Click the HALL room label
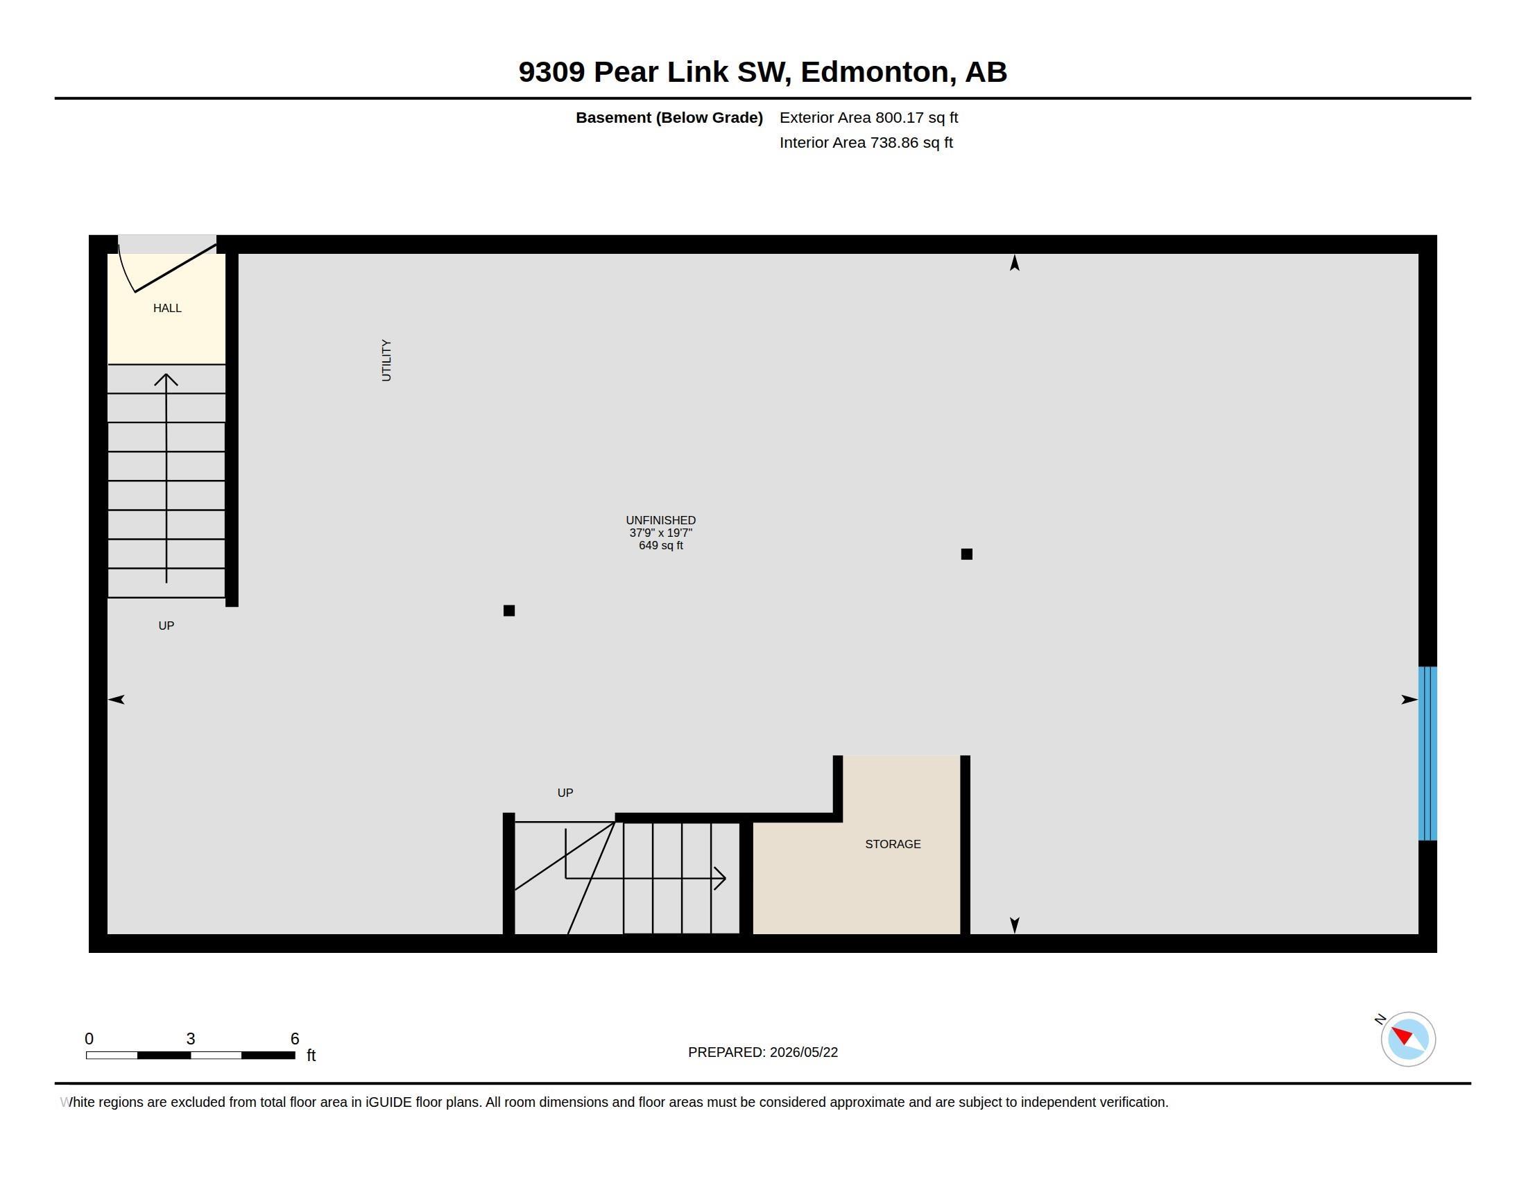[167, 308]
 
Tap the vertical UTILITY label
[386, 361]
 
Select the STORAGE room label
[893, 844]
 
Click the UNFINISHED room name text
[660, 520]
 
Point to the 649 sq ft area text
[660, 546]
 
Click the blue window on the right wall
[1428, 753]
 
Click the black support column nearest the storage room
[966, 554]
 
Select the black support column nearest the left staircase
[508, 610]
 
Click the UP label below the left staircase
[166, 626]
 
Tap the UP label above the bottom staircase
[565, 793]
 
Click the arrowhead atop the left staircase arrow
[166, 379]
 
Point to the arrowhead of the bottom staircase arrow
[721, 878]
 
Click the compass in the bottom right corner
[1408, 1039]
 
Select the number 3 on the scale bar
[190, 1039]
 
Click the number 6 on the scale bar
[295, 1039]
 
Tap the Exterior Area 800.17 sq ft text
[868, 117]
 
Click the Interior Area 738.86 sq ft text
[866, 142]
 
